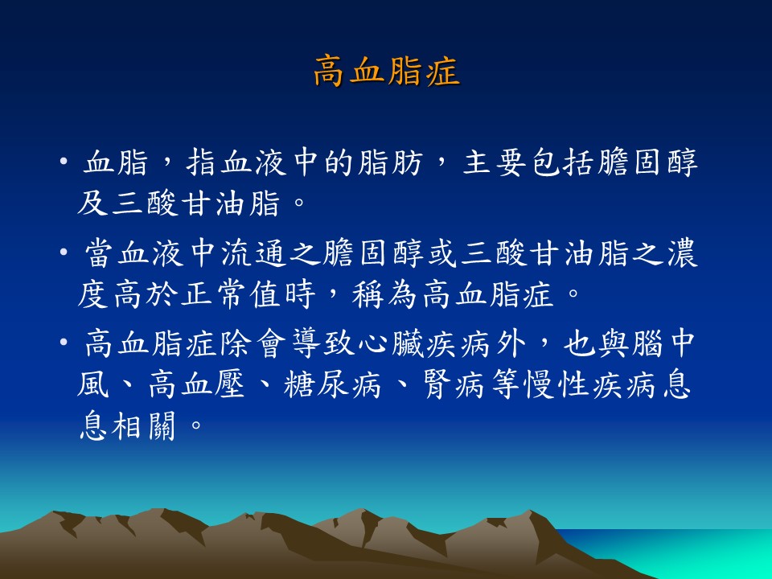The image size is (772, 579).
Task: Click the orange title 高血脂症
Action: click(x=387, y=72)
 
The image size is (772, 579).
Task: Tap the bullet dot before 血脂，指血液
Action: click(x=63, y=161)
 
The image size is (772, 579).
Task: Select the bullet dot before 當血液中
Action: click(x=63, y=253)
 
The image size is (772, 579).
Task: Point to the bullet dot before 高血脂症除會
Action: click(x=63, y=341)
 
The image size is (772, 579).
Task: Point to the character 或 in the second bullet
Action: click(x=442, y=253)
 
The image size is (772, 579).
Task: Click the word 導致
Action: click(x=323, y=343)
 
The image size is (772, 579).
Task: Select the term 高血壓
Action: click(x=196, y=384)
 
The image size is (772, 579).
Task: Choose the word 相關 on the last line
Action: click(x=144, y=425)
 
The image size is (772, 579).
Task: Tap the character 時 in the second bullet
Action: click(x=300, y=294)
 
